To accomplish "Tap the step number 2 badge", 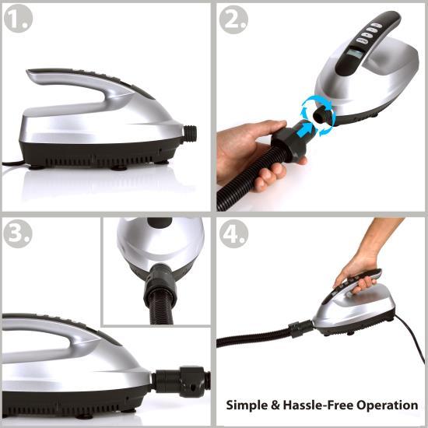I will (233, 20).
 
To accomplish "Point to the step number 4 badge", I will (233, 233).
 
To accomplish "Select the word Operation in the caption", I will (388, 405).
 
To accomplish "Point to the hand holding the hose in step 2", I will (247, 148).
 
